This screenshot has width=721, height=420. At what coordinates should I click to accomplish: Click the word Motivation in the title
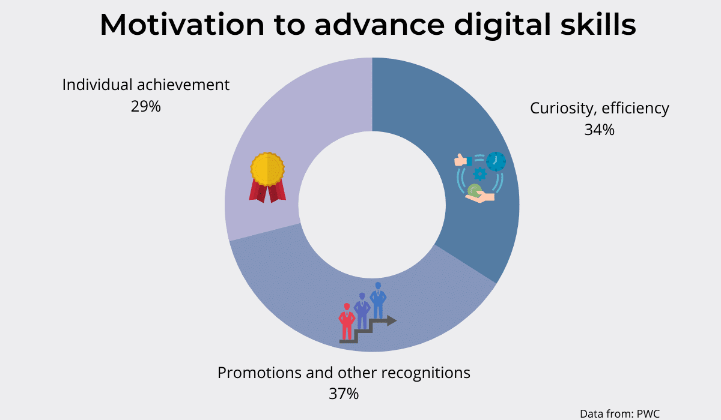[x=182, y=25]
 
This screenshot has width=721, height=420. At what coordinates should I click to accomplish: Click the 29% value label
[x=145, y=106]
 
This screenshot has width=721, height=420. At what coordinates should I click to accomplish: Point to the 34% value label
[x=600, y=130]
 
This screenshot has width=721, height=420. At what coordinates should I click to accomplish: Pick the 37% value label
[x=344, y=394]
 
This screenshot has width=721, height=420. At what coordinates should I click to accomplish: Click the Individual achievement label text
[x=146, y=85]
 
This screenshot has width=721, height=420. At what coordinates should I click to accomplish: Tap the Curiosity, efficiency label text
[x=600, y=109]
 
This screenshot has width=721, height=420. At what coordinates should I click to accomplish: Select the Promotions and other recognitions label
[x=344, y=373]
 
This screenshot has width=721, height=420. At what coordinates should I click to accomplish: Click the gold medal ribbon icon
[x=267, y=177]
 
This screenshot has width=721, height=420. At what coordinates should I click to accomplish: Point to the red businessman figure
[x=347, y=321]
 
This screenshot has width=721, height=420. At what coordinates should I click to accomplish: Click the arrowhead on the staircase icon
[x=392, y=320]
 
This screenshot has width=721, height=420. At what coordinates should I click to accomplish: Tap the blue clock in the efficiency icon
[x=496, y=161]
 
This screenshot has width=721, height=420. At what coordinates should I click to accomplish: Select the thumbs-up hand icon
[x=463, y=160]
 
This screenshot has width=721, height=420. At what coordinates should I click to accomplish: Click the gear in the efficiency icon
[x=480, y=174]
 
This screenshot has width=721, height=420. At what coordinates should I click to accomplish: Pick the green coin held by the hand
[x=474, y=190]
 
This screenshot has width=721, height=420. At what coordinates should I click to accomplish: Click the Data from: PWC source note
[x=619, y=413]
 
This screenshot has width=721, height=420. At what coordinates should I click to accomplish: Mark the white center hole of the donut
[x=372, y=205]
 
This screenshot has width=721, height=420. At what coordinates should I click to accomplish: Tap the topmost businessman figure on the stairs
[x=378, y=300]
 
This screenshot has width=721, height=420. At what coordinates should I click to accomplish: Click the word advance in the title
[x=380, y=25]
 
